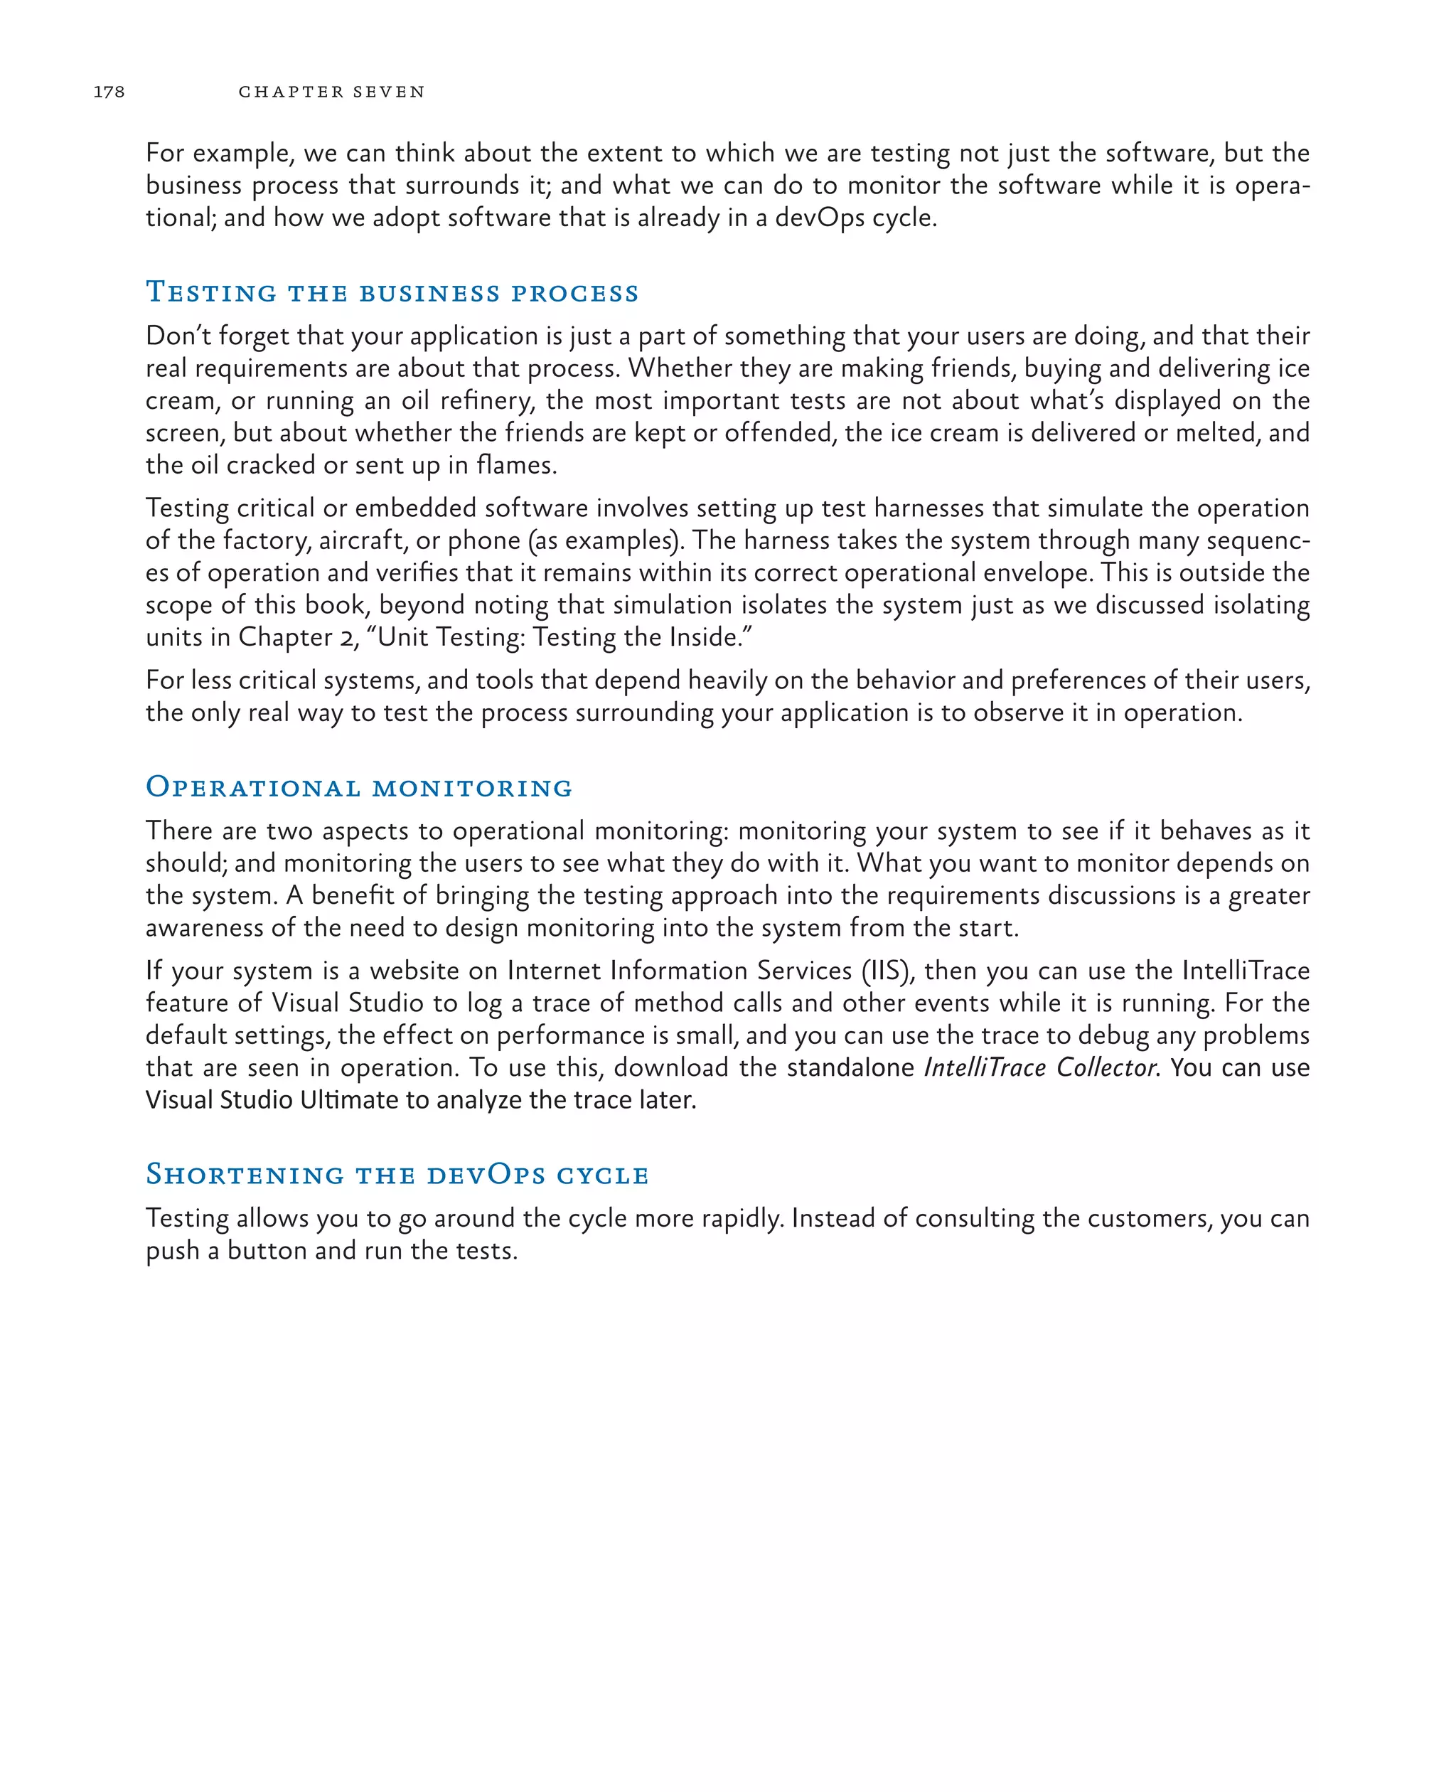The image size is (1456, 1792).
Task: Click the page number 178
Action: pos(109,92)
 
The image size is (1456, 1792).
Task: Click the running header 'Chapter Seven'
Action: pos(331,92)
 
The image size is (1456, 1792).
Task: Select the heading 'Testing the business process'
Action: pos(392,292)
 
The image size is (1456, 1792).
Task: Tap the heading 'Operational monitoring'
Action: pos(359,787)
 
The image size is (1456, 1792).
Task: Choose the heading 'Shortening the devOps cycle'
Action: pos(397,1174)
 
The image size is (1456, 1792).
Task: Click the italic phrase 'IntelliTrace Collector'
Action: pos(1041,1067)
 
